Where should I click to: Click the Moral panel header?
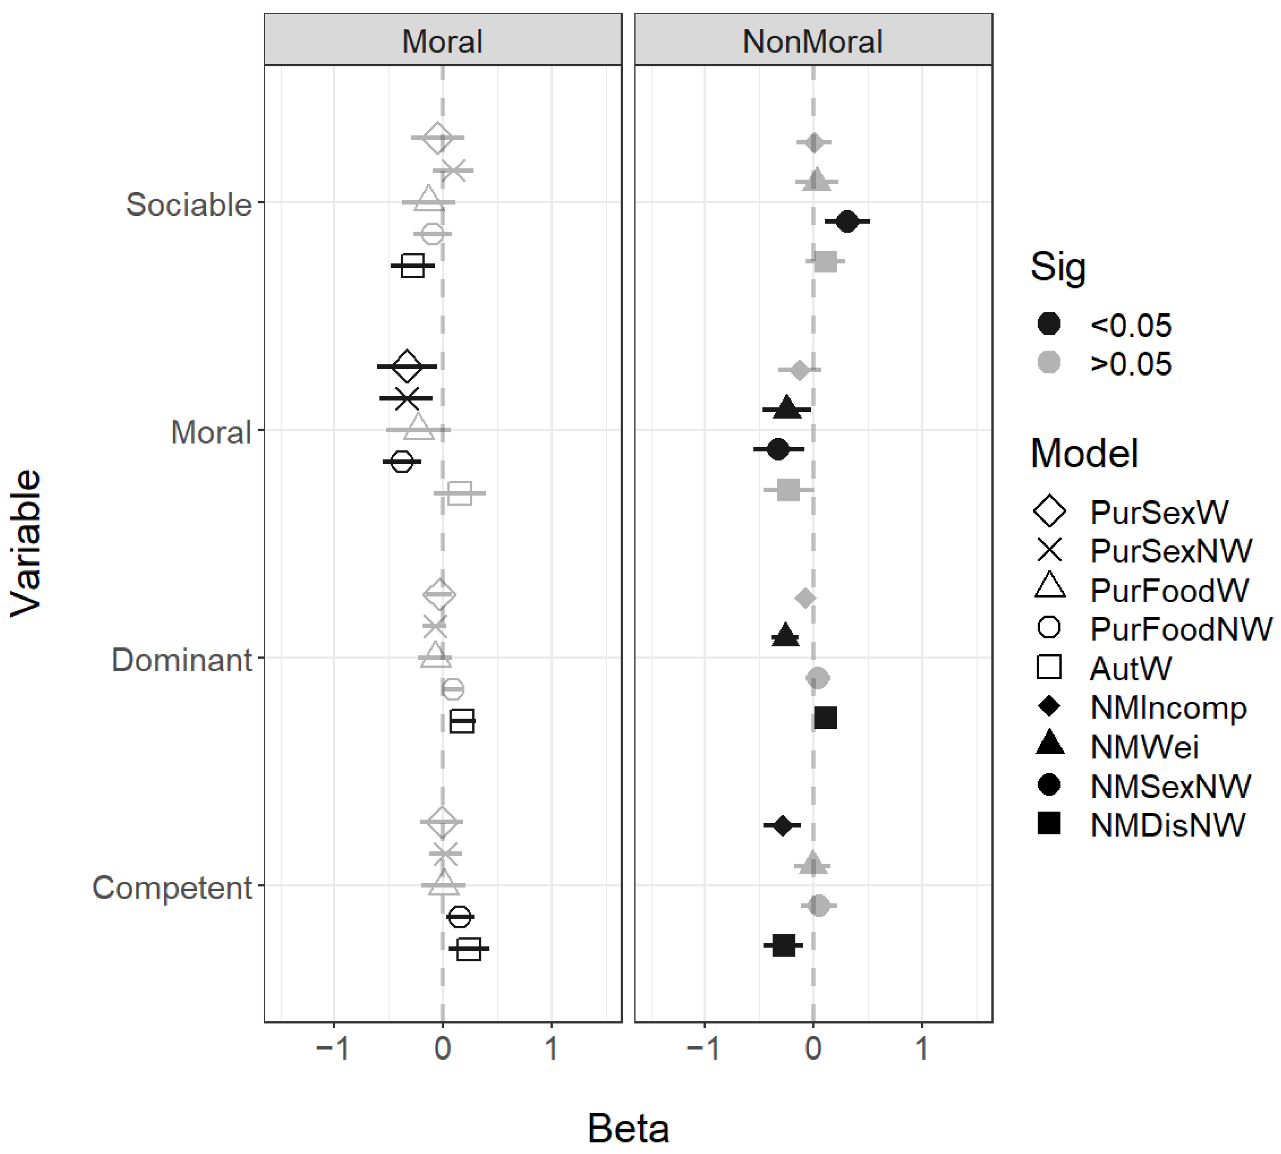click(442, 42)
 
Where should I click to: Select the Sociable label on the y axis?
click(189, 205)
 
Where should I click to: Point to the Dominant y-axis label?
click(182, 660)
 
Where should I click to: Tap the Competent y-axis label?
click(172, 888)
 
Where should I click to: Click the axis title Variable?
click(27, 543)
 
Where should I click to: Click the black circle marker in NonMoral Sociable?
click(847, 222)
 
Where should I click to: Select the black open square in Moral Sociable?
click(413, 266)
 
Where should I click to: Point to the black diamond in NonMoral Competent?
click(782, 826)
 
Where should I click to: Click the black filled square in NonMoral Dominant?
click(826, 718)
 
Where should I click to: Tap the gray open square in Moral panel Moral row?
click(460, 493)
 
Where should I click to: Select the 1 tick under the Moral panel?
click(552, 1049)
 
